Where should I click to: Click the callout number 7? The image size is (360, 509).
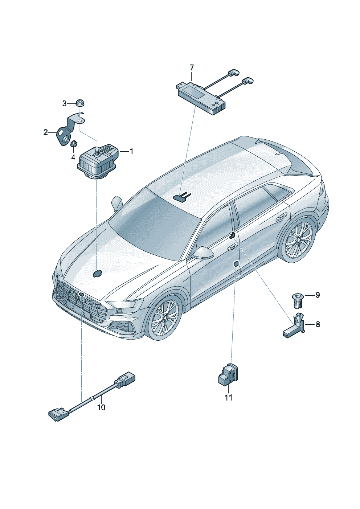tap(191, 67)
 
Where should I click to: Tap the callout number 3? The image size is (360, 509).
tap(65, 104)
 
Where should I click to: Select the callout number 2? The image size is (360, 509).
tap(46, 132)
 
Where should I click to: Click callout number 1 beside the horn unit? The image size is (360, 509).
tap(131, 151)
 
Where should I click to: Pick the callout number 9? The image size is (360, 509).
tap(318, 295)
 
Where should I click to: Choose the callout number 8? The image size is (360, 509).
tap(318, 324)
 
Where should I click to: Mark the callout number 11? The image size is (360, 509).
tap(229, 398)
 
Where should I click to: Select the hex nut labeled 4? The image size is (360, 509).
tap(74, 143)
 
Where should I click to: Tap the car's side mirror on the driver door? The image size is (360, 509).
tap(203, 253)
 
